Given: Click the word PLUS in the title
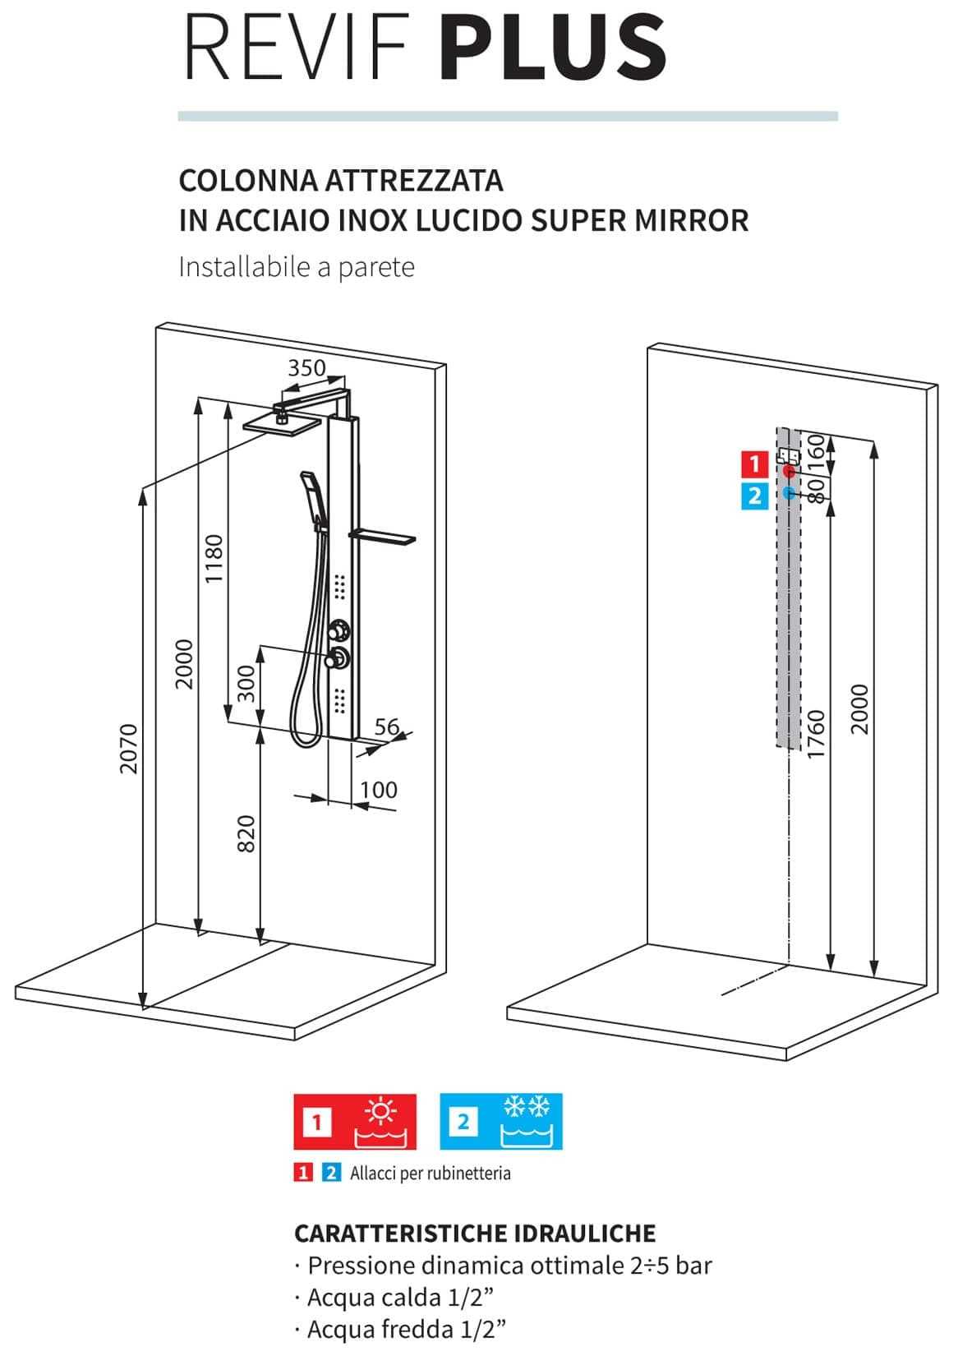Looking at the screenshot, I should tap(553, 47).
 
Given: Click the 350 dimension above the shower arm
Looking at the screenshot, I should tap(306, 367).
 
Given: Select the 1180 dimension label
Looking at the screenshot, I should tap(213, 559).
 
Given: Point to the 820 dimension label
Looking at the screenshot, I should tap(247, 833).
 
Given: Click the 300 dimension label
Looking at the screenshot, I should tap(247, 682).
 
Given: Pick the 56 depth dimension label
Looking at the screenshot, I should tap(386, 726).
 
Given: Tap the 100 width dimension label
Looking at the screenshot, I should tap(379, 790).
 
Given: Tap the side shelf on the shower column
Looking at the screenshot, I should tap(383, 537).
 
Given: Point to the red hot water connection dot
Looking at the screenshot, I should tap(789, 472).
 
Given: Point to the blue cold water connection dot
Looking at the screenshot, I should tap(789, 493).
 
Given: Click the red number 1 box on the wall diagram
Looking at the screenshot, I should tap(755, 464).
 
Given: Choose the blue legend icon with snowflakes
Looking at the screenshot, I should tap(501, 1121).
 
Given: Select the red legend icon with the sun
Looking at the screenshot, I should tap(356, 1121).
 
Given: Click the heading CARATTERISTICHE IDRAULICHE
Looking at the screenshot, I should tap(475, 1233).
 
